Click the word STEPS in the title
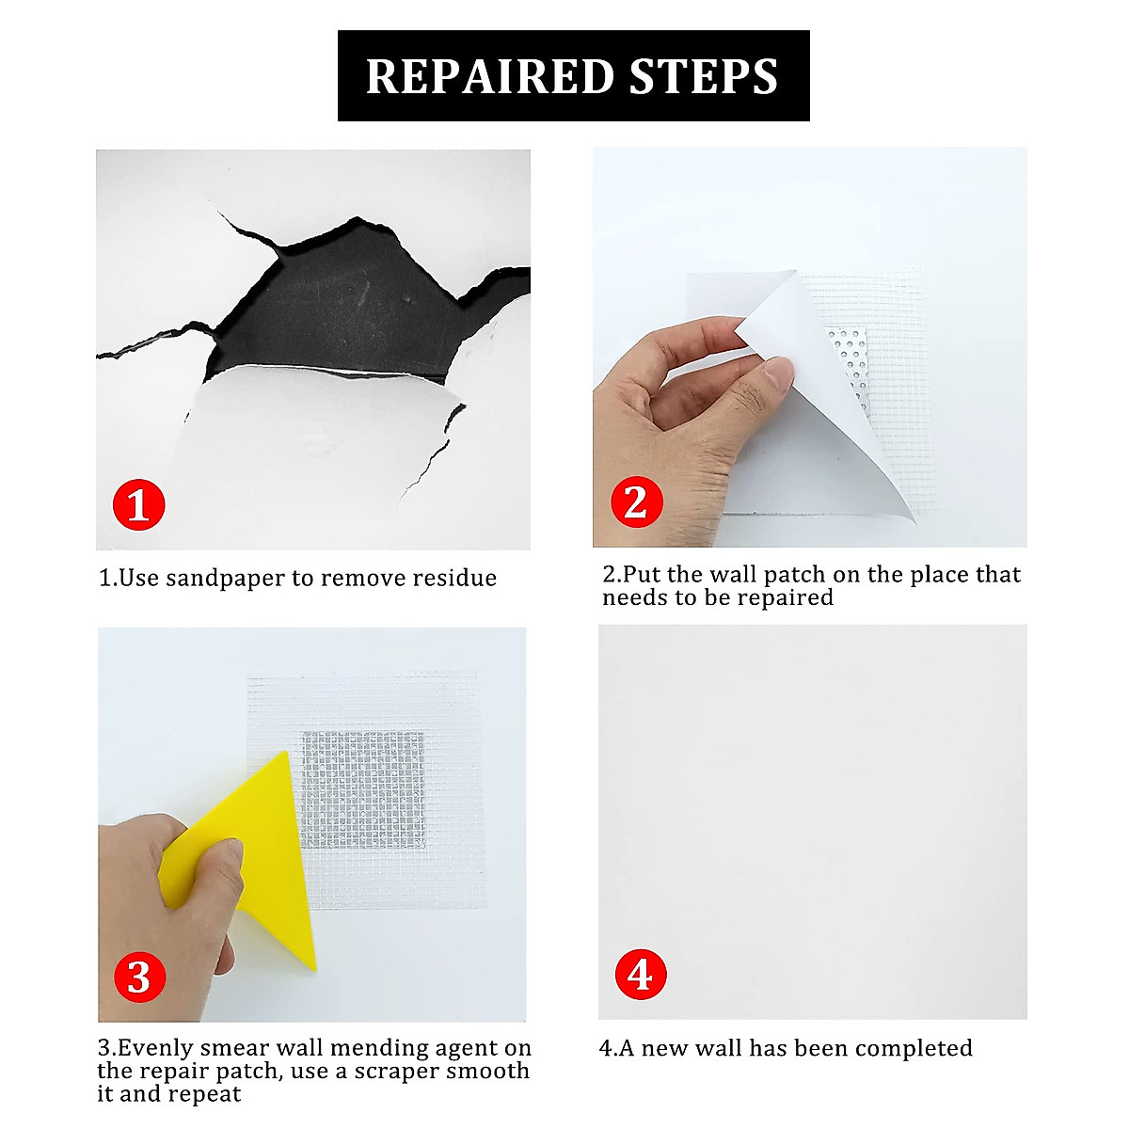pos(704,76)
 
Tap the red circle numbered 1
pos(139,505)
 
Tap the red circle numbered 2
pos(636,501)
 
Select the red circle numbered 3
pos(139,977)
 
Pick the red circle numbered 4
pos(640,975)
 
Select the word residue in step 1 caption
pos(455,578)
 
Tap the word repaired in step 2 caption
pos(786,597)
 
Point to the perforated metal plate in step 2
pos(849,361)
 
